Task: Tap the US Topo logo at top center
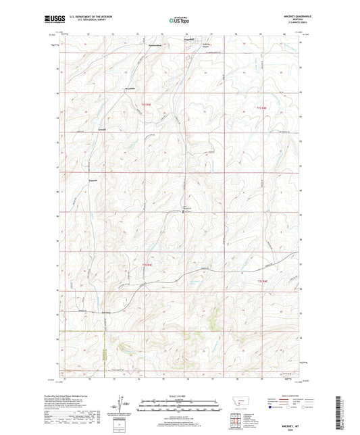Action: coord(179,21)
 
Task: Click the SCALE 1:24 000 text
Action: coord(179,396)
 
